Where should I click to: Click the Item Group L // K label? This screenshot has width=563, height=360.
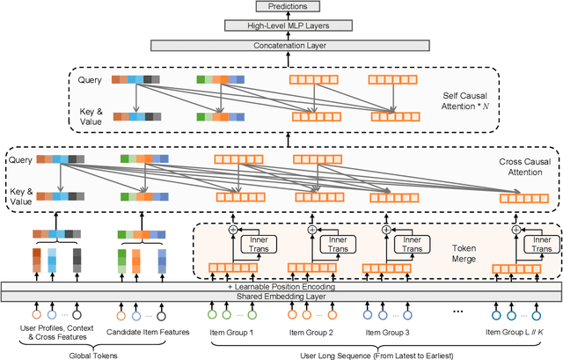coord(517,331)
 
